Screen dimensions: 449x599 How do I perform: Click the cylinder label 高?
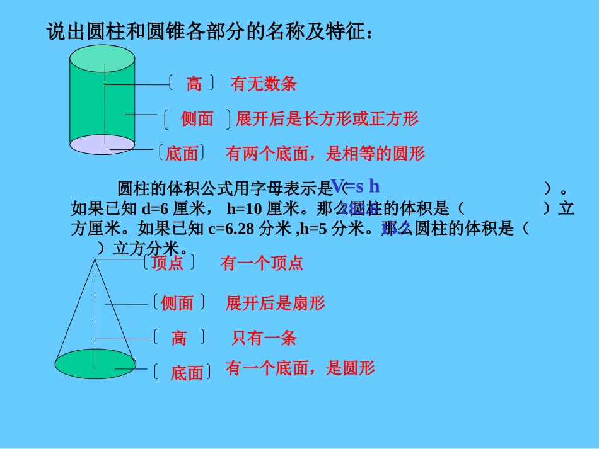point(194,84)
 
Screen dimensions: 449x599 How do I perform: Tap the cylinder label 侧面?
point(197,118)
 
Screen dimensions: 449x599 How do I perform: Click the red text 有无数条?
point(264,84)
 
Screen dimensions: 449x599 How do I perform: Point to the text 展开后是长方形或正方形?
point(327,118)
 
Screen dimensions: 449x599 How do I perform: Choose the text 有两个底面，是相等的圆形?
point(325,153)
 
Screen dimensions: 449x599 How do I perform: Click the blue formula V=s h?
point(356,186)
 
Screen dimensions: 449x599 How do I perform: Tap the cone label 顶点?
point(168,263)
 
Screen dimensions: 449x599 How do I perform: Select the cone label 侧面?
point(177,304)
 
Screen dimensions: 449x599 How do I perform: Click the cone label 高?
point(179,338)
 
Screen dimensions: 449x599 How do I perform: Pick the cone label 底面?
point(187,373)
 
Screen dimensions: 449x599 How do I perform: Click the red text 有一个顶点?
point(262,263)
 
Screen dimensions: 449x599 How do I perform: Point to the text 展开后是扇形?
point(276,304)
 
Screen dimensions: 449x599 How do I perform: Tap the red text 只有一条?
point(264,338)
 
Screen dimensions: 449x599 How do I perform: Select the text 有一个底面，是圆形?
point(300,368)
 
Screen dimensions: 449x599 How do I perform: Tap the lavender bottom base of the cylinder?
point(102,144)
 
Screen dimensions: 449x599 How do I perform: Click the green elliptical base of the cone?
point(95,363)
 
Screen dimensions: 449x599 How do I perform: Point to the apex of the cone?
point(95,259)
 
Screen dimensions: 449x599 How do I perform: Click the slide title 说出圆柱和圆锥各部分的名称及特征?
point(210,31)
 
